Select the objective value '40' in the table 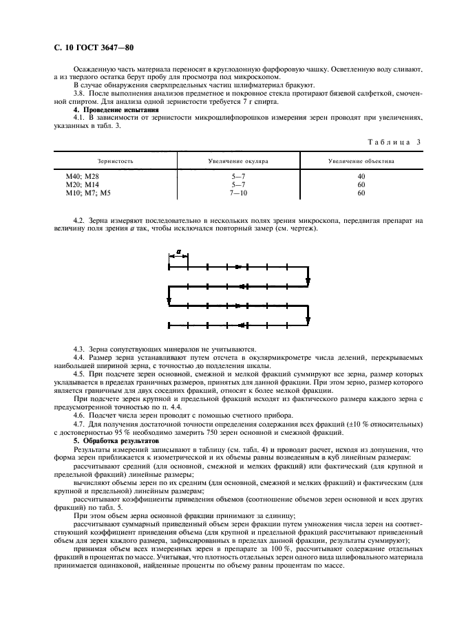point(361,177)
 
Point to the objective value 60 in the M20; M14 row point(361,185)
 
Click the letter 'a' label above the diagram point(178,252)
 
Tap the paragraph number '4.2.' point(80,219)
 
